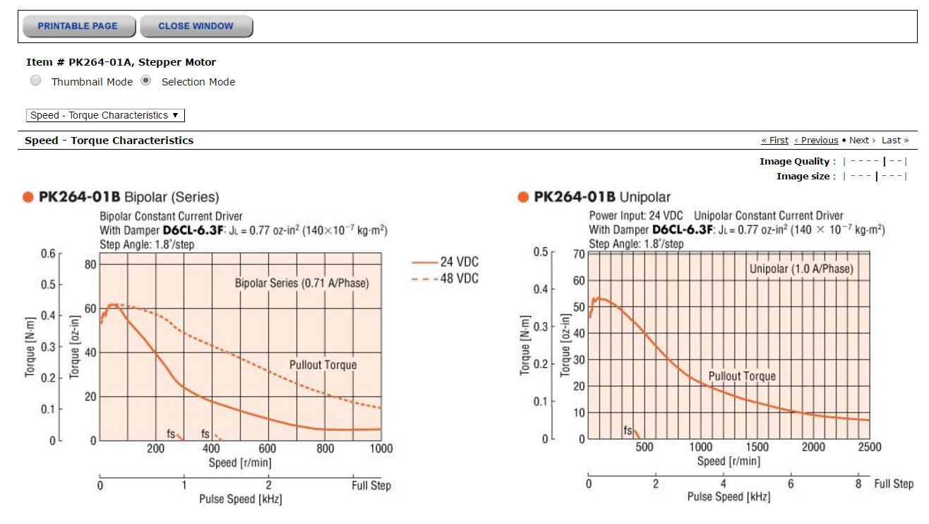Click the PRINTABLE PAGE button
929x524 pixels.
79,26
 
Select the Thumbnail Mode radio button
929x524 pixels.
36,81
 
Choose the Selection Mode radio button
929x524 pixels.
145,81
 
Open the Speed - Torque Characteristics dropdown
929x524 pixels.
105,115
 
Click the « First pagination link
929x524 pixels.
774,141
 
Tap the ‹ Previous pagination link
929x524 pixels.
816,141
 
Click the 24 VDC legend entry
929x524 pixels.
445,262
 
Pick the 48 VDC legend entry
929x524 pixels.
445,278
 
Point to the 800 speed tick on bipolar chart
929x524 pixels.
325,448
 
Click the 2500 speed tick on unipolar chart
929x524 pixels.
869,447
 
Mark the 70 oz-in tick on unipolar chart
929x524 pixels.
579,254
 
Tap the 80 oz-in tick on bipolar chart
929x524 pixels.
90,265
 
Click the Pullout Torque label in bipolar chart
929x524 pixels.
323,365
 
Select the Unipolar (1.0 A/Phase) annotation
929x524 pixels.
801,269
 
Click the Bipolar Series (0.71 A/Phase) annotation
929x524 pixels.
302,283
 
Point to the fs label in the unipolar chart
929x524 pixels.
628,430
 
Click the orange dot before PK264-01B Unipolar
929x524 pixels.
523,197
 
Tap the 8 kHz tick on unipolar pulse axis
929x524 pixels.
858,484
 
